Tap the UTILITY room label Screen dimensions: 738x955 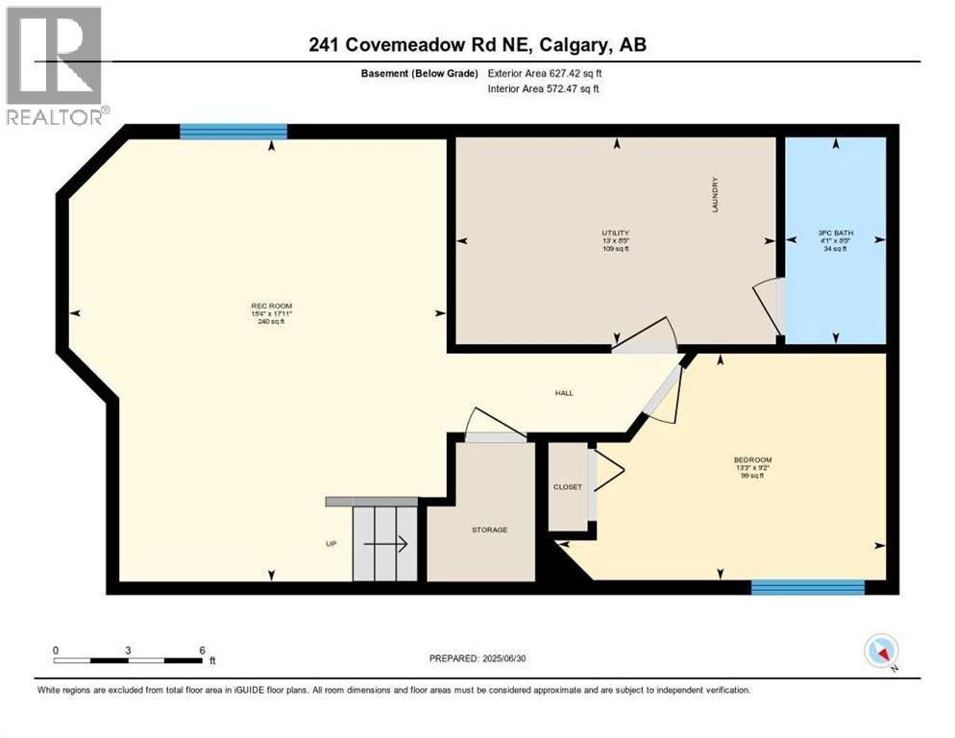(x=615, y=233)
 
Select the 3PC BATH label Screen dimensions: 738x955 (x=835, y=233)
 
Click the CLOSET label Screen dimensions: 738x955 (x=568, y=487)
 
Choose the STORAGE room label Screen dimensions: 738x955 (x=489, y=529)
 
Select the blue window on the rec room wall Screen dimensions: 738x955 (x=233, y=132)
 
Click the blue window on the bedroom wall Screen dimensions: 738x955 (x=807, y=586)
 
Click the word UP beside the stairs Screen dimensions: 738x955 (x=331, y=544)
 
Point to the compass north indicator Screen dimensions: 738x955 (x=881, y=652)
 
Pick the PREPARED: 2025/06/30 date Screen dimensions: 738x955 (x=486, y=658)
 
